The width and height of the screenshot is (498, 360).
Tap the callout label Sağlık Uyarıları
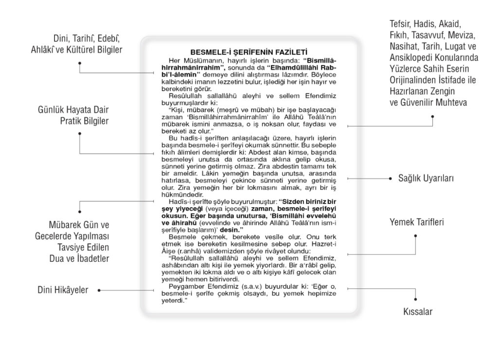point(426,179)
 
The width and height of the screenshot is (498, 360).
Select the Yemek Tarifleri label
point(417,223)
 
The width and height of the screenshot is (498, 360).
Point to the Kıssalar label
point(418,311)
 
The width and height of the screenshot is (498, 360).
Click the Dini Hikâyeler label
point(63,290)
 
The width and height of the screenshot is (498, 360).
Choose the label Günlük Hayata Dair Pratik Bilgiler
point(73,114)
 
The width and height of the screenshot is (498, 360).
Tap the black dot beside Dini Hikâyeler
point(99,290)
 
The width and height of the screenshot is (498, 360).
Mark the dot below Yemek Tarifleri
point(416,236)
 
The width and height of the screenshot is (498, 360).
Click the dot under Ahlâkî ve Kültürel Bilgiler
point(80,63)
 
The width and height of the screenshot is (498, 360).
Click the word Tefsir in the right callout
point(400,24)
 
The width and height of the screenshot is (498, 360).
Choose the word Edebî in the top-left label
point(109,39)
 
